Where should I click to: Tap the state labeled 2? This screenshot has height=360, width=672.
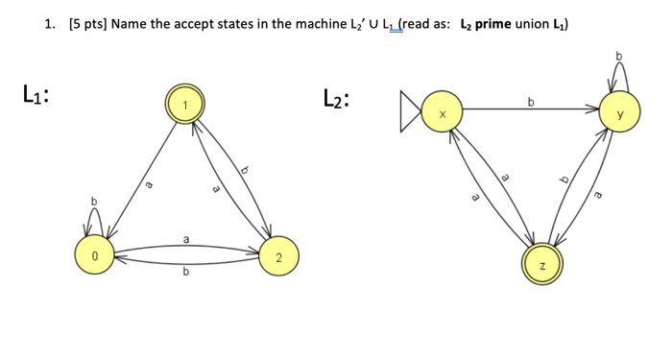[277, 256]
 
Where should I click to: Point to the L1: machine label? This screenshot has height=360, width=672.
[36, 95]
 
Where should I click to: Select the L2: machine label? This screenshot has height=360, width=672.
[336, 99]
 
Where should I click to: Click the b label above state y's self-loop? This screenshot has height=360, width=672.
[619, 56]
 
